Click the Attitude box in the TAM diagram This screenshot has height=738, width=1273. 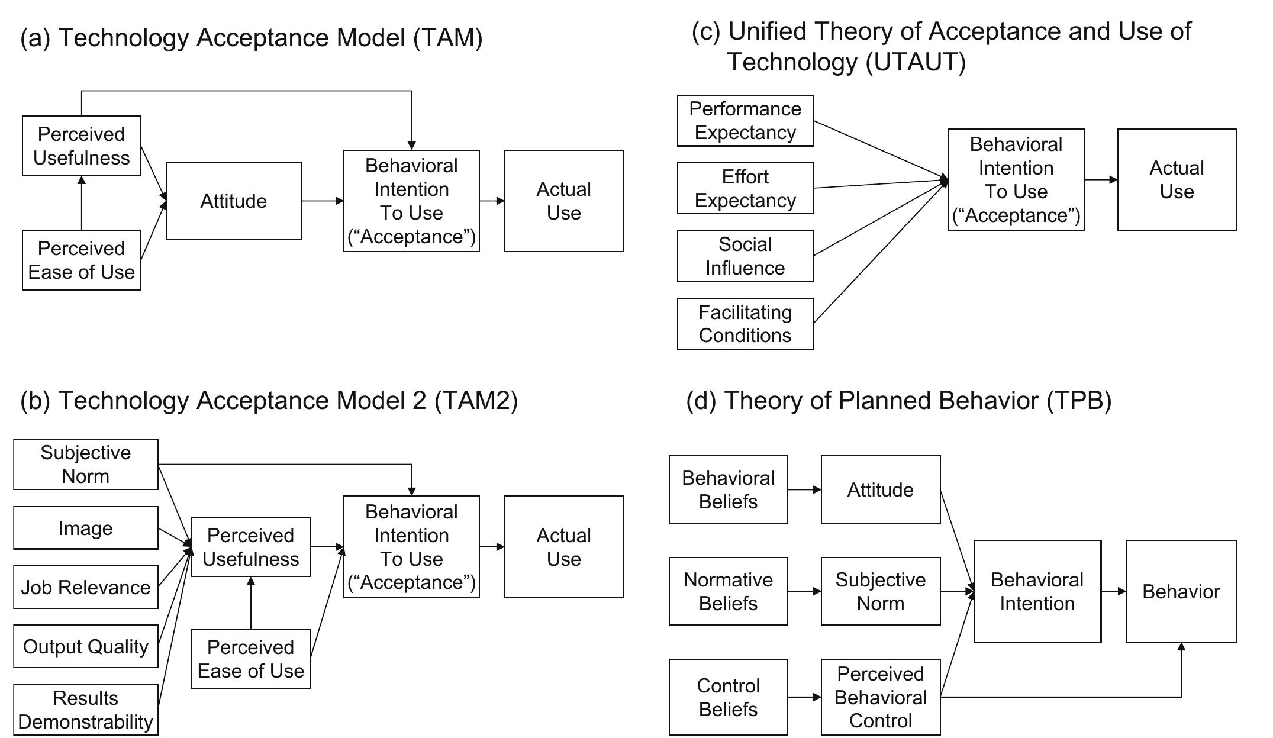234,201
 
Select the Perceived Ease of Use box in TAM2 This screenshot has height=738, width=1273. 250,659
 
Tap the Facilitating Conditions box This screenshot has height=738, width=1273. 745,324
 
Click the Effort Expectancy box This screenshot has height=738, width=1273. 745,188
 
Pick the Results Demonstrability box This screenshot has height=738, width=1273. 86,710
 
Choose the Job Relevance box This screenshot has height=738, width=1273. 86,587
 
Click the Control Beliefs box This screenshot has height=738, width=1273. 728,697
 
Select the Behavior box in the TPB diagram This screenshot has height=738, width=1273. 1181,591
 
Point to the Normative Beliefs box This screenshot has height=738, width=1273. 728,591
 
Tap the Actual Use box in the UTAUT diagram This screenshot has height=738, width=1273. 1177,179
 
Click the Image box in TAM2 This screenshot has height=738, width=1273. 86,528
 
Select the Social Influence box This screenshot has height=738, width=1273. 745,256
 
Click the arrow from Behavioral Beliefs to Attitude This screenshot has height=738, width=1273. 804,489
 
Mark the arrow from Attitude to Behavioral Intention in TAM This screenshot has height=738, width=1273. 323,201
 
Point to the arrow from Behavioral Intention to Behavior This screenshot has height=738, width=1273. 1113,591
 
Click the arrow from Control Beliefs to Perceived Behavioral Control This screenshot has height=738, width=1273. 804,697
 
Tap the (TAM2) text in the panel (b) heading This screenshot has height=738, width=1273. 476,401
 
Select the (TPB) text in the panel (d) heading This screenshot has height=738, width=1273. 1079,401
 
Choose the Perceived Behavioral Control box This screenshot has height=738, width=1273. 881,697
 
